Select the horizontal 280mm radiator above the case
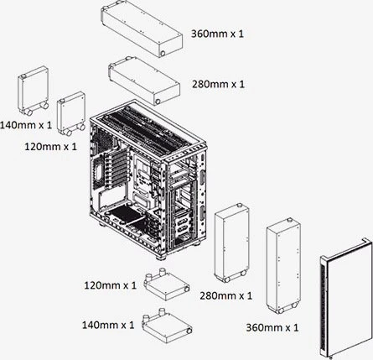144,81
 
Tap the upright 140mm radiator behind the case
34,91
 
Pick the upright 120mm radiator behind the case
71,113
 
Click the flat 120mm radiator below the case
167,284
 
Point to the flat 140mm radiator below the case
167,326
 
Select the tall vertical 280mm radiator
231,243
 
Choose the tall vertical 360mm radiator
283,266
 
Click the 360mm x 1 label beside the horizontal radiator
217,34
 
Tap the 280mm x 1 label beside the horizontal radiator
218,84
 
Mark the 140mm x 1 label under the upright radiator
26,125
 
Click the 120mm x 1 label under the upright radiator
50,147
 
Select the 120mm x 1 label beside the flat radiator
111,285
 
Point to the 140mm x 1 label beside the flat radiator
108,325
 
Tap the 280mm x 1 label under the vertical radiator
226,295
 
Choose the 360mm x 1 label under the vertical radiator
272,327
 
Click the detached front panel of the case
346,298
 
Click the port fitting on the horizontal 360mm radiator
163,53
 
